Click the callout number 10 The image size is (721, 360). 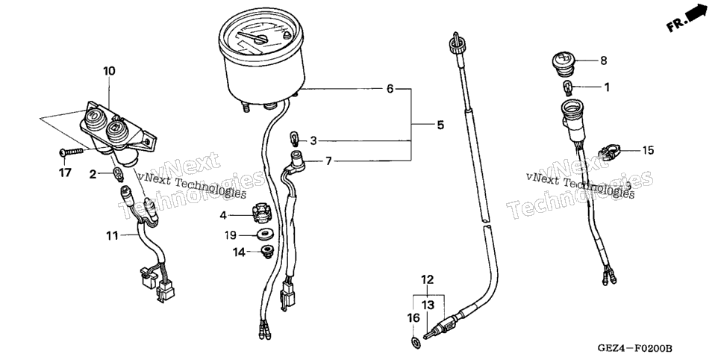click(x=109, y=72)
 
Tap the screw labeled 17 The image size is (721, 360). click(x=71, y=152)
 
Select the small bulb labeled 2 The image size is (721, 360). click(x=119, y=175)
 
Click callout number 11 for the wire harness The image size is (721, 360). click(x=112, y=236)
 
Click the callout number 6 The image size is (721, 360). click(x=390, y=89)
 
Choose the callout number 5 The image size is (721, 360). click(x=440, y=125)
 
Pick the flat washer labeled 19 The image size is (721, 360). click(x=264, y=235)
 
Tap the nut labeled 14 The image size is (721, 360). click(x=266, y=251)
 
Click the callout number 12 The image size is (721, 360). click(x=427, y=279)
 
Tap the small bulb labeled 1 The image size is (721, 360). click(x=568, y=86)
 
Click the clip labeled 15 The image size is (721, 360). click(x=609, y=152)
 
